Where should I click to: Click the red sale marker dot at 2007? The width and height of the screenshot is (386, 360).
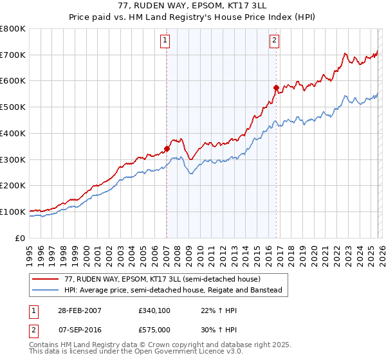167,148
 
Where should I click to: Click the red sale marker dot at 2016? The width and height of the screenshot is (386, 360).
275,87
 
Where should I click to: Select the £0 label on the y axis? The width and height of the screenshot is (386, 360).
21,238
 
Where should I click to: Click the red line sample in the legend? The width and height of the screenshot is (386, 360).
46,280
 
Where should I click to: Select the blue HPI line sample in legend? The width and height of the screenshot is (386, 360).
46,291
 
